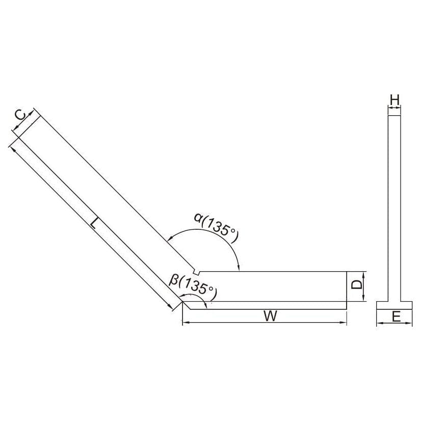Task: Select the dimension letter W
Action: coord(271,316)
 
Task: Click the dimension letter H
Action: coord(394,100)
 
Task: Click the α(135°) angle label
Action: coord(217,224)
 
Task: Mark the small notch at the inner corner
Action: coord(196,271)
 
